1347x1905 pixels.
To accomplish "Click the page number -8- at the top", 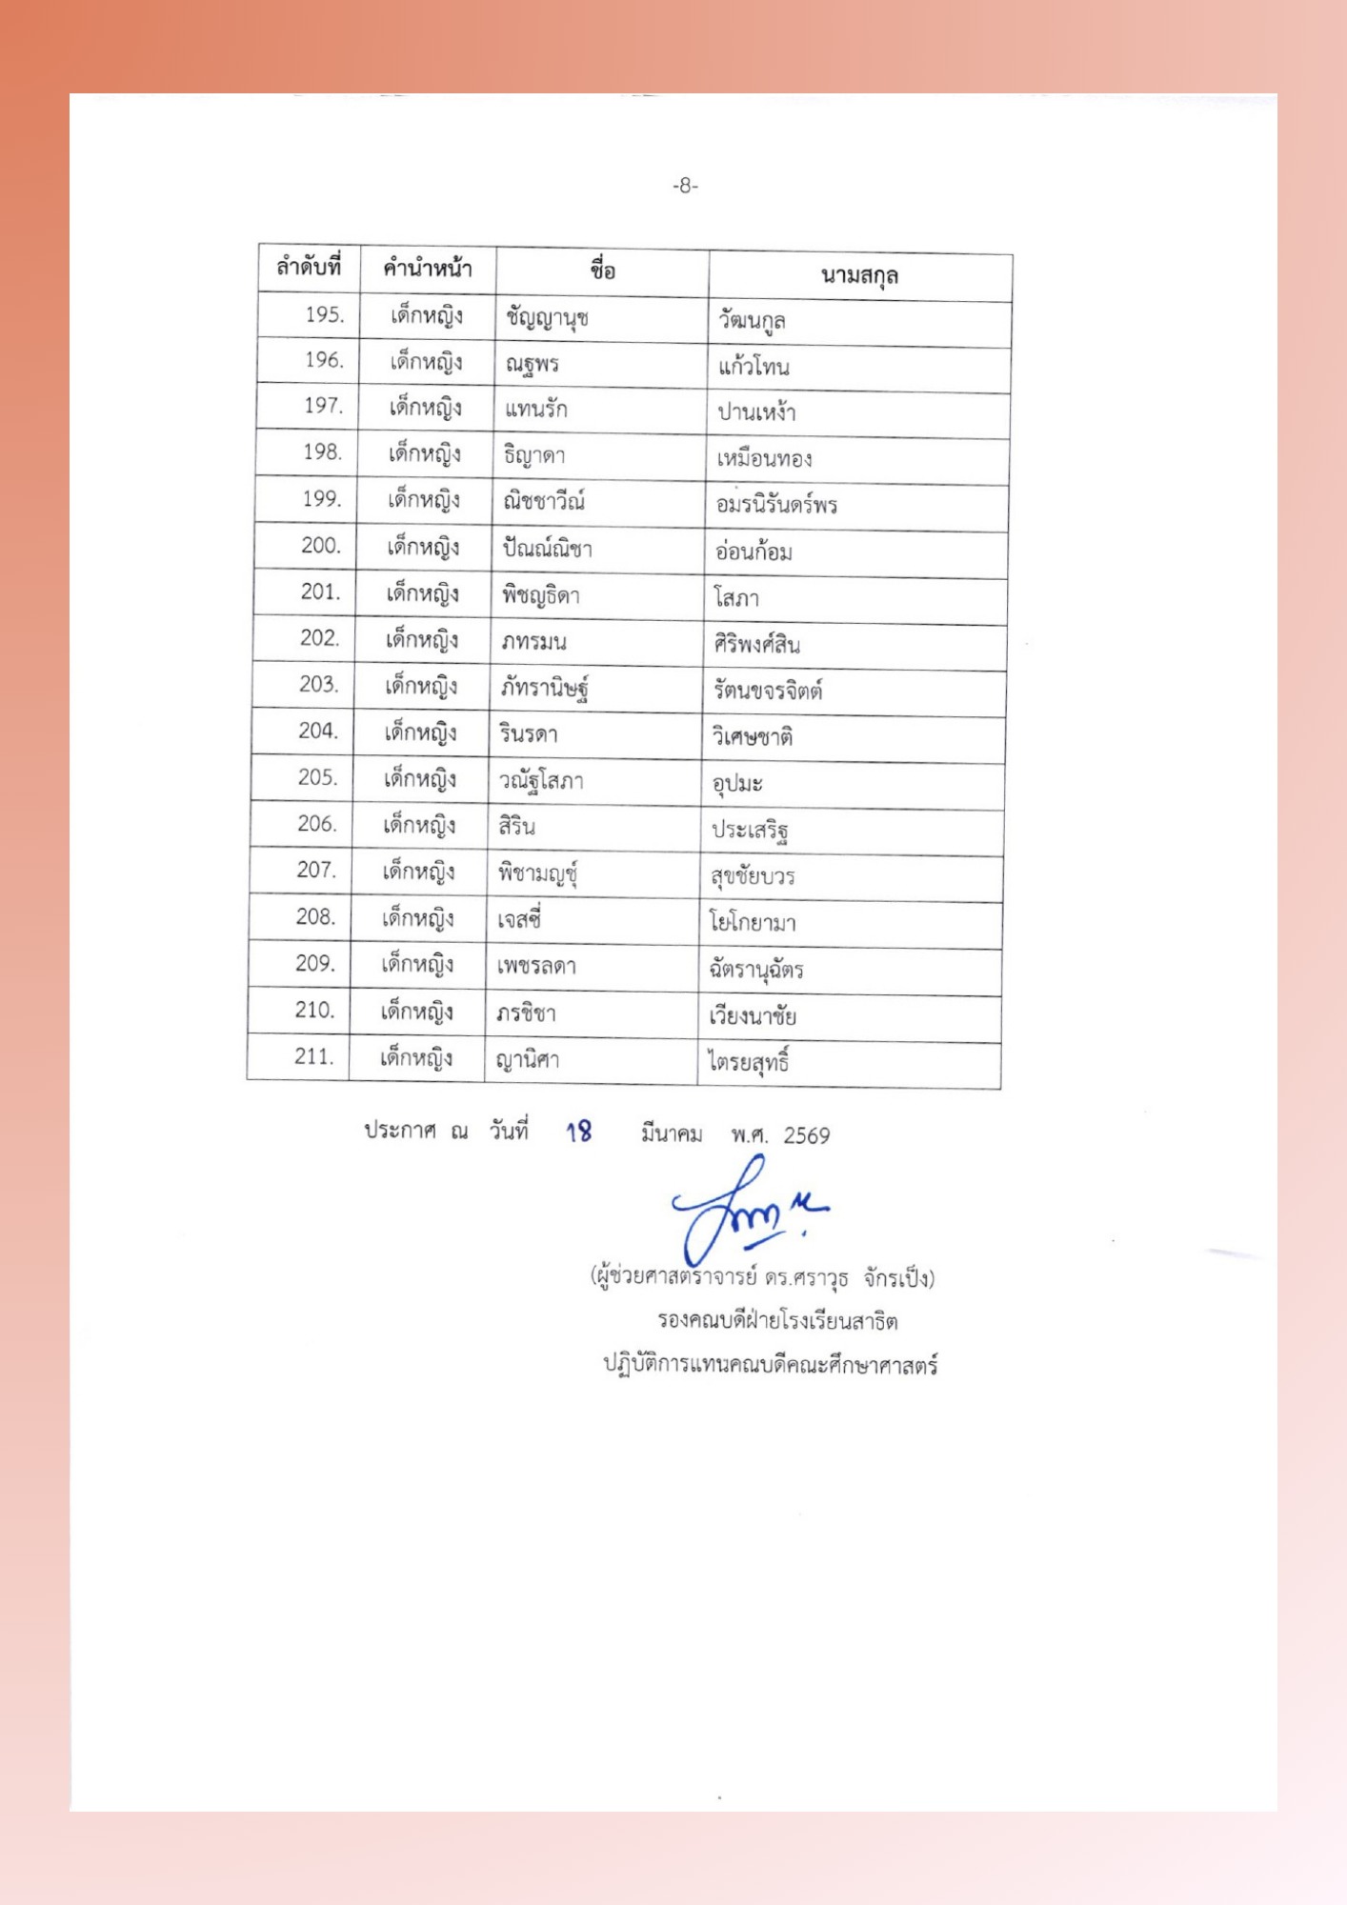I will (685, 186).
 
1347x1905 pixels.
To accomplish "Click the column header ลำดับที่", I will (309, 267).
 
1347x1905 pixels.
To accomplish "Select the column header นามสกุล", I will (859, 276).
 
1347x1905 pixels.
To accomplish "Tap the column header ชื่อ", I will (602, 271).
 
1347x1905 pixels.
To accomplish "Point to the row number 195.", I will (324, 314).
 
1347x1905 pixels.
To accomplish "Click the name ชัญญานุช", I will (547, 318).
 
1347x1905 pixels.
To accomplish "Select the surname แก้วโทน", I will (754, 367).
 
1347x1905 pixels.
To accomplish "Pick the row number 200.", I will (320, 546).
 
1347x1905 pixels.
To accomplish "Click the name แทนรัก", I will (535, 410).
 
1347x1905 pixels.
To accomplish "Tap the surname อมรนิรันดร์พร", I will (776, 505).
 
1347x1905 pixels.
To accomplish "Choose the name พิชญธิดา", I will (540, 596).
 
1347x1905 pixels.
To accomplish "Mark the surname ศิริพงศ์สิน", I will (756, 645).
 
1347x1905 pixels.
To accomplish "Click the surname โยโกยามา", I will (752, 922).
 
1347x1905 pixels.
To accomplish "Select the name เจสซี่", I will (519, 920).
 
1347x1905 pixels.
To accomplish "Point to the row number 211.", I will (314, 1056).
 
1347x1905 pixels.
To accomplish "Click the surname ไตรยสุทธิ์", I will (749, 1062).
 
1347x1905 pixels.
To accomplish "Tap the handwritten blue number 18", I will (578, 1132).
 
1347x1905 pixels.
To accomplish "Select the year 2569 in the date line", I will (806, 1135).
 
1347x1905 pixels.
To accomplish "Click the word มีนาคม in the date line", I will (672, 1133).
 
